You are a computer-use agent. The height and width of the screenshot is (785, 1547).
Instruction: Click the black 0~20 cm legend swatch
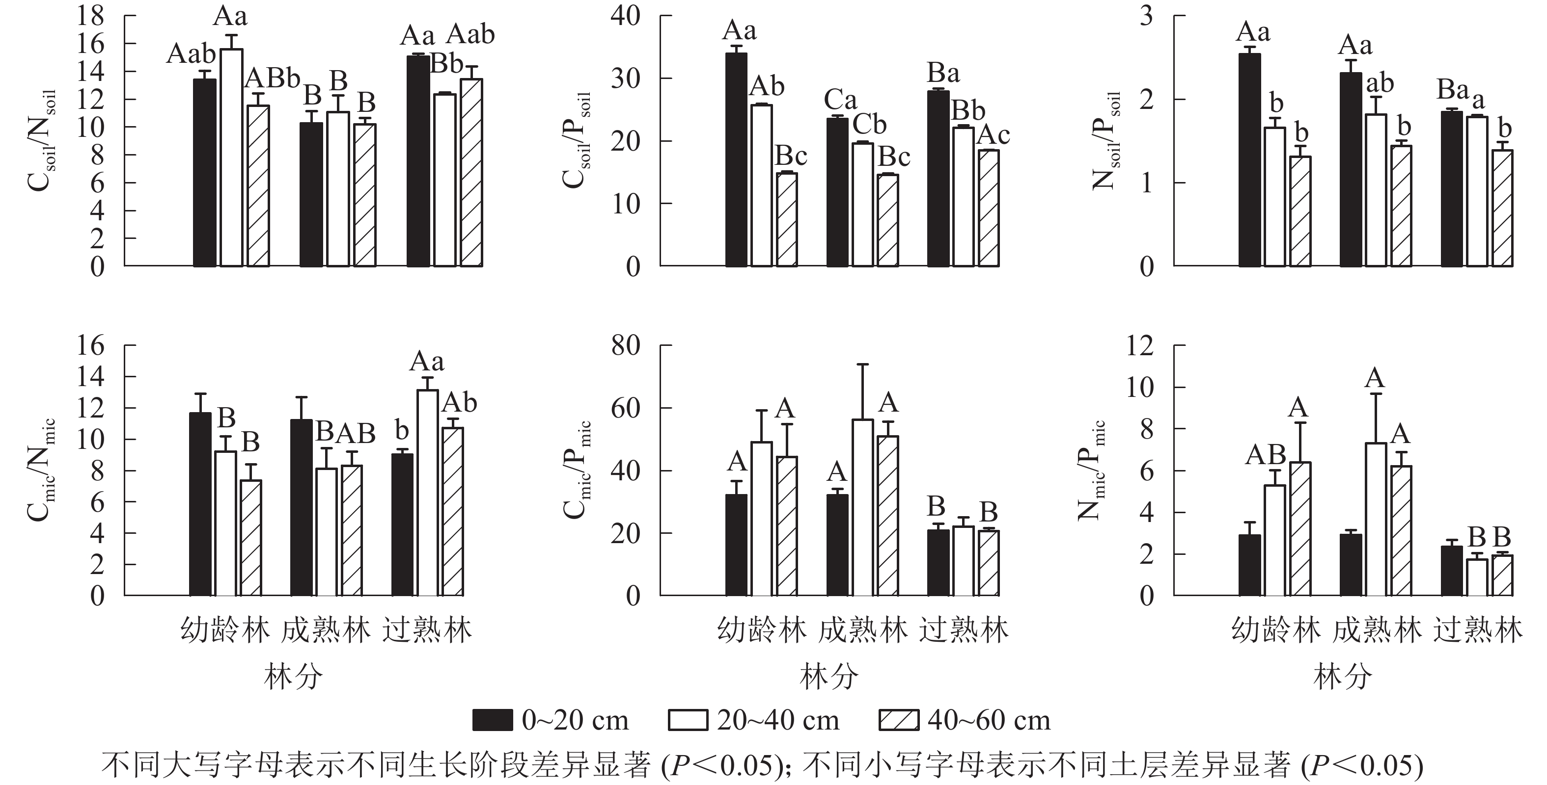[x=493, y=720]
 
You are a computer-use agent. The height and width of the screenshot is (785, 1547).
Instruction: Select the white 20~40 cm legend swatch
[x=688, y=720]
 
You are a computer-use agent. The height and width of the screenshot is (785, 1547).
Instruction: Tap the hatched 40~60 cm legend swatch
[x=898, y=720]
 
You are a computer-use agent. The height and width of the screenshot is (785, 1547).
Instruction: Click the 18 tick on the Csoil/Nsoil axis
[x=90, y=16]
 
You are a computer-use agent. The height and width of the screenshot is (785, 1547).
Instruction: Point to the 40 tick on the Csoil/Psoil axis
[x=626, y=16]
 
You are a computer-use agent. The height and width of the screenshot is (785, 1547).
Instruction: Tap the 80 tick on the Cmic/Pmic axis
[x=626, y=346]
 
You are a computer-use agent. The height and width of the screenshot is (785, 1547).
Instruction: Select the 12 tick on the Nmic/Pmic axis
[x=1139, y=346]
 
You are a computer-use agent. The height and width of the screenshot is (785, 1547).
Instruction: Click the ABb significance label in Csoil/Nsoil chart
[x=273, y=78]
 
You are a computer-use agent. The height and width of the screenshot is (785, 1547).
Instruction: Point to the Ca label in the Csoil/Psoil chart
[x=840, y=100]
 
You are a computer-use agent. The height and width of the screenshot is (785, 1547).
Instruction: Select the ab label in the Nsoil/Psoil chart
[x=1380, y=83]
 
